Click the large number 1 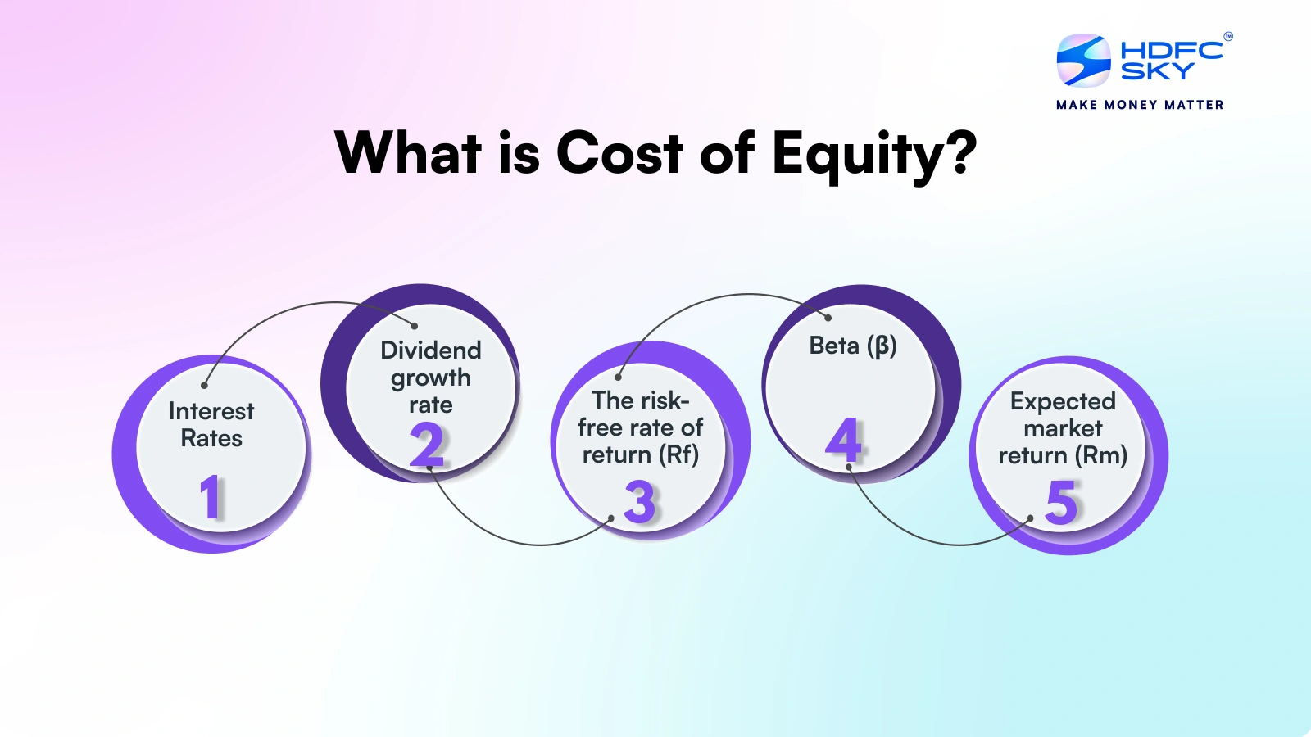211,496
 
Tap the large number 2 427,445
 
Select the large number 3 639,501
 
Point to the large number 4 843,439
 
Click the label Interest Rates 211,425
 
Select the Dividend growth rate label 431,378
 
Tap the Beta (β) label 853,346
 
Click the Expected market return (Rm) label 1063,428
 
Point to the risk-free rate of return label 640,427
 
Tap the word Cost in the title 619,152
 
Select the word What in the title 409,152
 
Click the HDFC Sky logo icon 1083,60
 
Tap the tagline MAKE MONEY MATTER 1140,105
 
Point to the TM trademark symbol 1228,36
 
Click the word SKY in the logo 1157,70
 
